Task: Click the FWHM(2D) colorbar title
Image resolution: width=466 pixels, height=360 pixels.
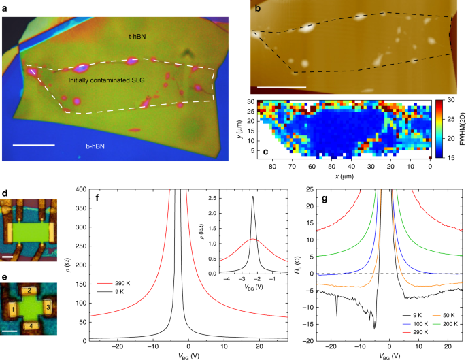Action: (x=459, y=125)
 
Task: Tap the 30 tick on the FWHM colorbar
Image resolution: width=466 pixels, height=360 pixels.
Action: (x=442, y=101)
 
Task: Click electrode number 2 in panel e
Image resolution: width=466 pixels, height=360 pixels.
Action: (x=30, y=290)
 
